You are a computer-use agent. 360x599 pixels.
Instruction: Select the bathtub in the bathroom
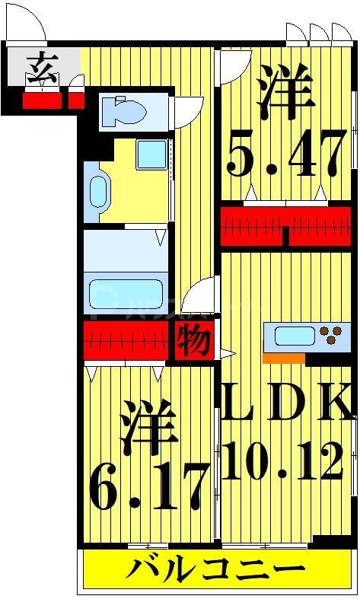click(125, 293)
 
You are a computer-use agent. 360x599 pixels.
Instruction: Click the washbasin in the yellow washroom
click(97, 190)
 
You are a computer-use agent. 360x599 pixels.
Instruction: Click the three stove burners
click(331, 336)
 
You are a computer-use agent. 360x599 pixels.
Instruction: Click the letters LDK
click(288, 403)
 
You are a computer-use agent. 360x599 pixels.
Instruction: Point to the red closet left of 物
click(126, 341)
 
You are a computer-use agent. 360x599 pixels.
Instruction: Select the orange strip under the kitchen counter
click(283, 356)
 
